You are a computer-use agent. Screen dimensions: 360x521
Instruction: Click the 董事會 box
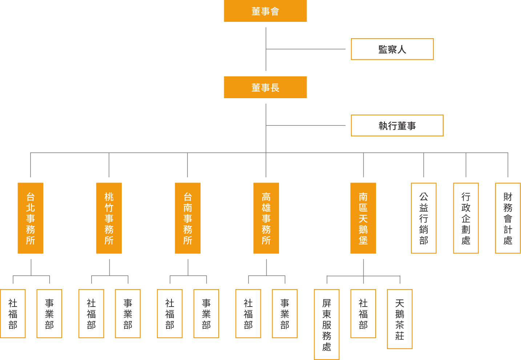click(x=265, y=11)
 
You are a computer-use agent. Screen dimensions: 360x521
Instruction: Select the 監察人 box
click(x=392, y=49)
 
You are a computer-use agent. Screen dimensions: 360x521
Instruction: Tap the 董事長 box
click(x=265, y=87)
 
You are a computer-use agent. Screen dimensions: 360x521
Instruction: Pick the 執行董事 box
click(x=397, y=125)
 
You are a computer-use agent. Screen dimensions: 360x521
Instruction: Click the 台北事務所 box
click(x=31, y=218)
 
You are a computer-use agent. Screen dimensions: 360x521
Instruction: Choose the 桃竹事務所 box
click(x=109, y=218)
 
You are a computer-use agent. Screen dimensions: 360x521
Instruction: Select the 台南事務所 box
click(x=187, y=218)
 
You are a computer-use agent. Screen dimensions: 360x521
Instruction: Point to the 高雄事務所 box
click(x=266, y=218)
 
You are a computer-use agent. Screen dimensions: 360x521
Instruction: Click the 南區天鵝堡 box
click(x=363, y=218)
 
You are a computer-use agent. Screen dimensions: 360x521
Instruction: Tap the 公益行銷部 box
click(x=424, y=218)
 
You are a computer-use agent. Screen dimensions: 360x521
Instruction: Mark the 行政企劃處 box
click(x=466, y=218)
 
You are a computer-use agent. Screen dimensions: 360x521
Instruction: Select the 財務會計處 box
click(x=508, y=218)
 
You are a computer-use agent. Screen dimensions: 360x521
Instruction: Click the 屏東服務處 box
click(x=327, y=324)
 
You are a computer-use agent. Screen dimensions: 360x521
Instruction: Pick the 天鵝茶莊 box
click(x=400, y=319)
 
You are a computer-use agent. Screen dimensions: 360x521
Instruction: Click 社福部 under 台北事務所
click(x=13, y=313)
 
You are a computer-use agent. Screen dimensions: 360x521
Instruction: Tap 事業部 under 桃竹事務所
click(x=128, y=313)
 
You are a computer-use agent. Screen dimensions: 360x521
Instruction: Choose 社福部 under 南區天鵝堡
click(x=363, y=313)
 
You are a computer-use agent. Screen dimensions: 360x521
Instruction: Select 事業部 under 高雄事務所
click(x=284, y=313)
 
